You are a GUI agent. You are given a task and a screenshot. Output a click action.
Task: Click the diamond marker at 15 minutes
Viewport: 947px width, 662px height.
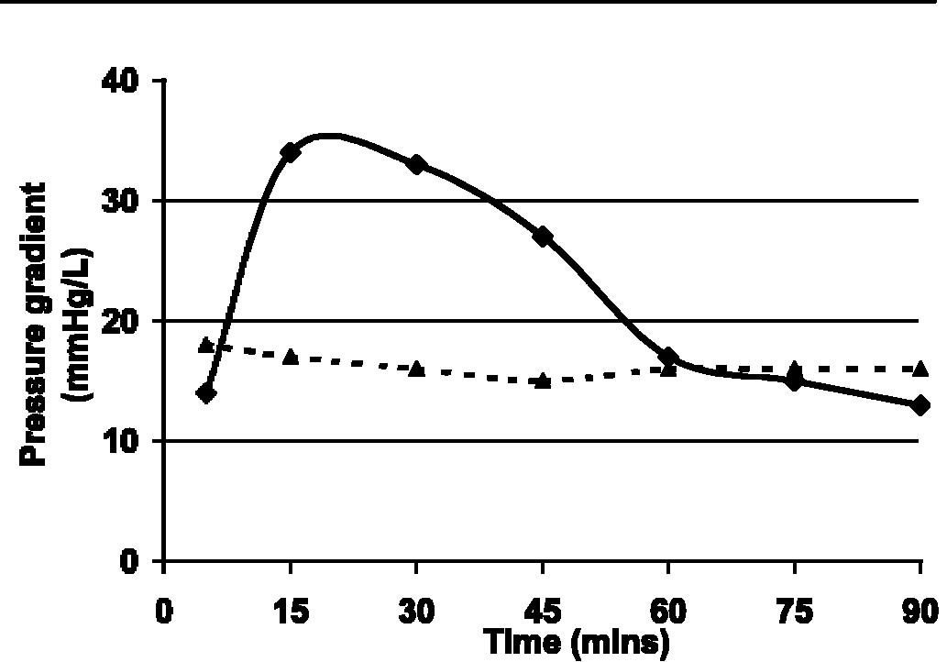tap(291, 152)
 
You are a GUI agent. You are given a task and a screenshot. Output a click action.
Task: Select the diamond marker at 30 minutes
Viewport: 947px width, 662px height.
tap(417, 164)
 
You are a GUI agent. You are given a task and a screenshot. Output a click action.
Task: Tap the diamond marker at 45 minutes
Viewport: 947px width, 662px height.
tap(543, 237)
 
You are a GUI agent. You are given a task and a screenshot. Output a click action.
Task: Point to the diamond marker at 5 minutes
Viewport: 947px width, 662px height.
tap(206, 393)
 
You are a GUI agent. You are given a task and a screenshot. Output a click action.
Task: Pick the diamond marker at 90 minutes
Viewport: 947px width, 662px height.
tap(920, 405)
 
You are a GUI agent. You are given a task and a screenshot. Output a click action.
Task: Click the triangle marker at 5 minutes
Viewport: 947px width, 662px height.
tap(206, 345)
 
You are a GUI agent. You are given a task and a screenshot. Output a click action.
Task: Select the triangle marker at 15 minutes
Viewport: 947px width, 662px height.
tap(291, 356)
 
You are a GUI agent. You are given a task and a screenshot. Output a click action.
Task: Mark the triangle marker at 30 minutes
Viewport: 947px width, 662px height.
tap(417, 369)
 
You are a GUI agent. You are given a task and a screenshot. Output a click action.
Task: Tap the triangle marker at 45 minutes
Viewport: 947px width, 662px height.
tap(543, 380)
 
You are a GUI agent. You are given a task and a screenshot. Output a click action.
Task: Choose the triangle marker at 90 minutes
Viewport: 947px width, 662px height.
tap(920, 369)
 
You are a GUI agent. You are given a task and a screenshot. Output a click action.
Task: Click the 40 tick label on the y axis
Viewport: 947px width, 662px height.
tap(121, 81)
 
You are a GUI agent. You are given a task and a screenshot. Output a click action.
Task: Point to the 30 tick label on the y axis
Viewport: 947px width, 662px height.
tap(121, 201)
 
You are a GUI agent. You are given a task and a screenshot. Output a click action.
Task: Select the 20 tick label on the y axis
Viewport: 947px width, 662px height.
tap(121, 321)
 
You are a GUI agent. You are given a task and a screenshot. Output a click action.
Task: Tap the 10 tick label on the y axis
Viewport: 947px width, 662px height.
tap(121, 441)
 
